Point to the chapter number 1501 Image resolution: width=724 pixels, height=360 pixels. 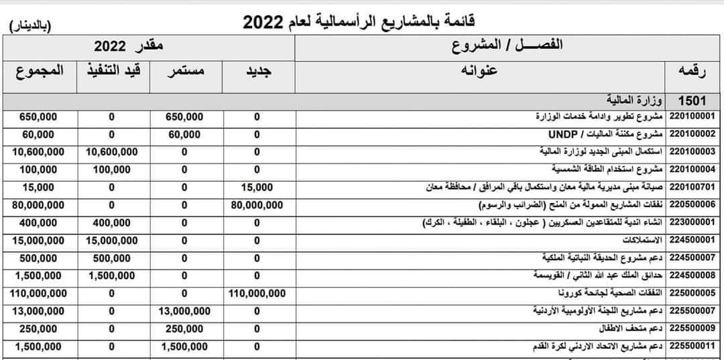tap(692, 101)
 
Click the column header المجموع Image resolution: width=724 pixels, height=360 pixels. tap(39, 70)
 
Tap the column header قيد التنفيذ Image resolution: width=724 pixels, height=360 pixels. tap(111, 70)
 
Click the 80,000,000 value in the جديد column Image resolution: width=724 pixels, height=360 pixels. tap(257, 204)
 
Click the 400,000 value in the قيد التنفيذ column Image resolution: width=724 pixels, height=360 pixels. tap(111, 222)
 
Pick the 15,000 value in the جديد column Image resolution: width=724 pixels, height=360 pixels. tap(257, 187)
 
